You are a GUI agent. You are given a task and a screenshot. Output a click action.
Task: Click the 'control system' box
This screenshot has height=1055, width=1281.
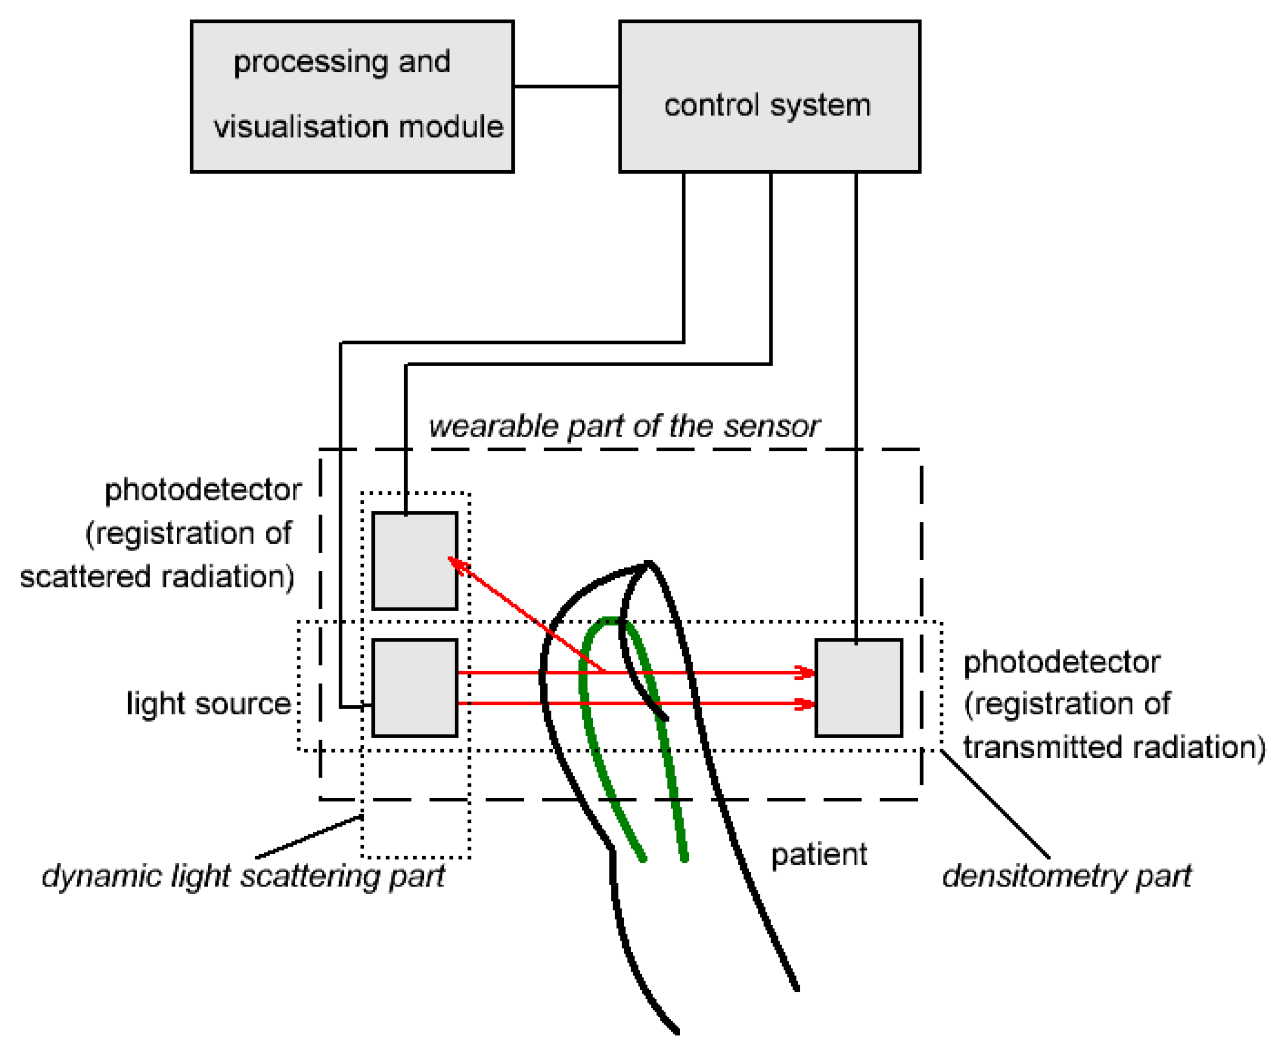coord(768,96)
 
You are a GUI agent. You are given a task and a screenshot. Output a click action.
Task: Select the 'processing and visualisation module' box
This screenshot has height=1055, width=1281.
coord(351,96)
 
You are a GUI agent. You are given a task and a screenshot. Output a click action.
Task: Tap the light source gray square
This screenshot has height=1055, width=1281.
coord(414,687)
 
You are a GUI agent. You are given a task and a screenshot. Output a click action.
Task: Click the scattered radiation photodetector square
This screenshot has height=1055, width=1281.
coord(414,560)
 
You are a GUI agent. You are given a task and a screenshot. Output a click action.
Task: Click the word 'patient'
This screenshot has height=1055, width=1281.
coord(818,855)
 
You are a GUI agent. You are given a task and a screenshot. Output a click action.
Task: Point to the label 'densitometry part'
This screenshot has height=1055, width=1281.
coord(1066,876)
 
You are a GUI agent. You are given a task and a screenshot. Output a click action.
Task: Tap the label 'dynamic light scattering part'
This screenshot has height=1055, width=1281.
coord(243,876)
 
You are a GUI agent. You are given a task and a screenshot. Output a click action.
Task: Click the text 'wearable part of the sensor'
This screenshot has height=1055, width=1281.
coord(624,426)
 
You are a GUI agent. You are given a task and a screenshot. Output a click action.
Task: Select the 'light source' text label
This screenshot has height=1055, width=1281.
coord(208,703)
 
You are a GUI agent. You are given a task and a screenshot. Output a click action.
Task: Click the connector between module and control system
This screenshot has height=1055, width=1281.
coord(565,86)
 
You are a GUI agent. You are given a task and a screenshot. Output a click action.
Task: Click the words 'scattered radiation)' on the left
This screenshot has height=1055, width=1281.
coord(157,576)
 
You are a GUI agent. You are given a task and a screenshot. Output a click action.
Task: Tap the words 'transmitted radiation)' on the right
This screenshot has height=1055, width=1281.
coord(1114,746)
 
